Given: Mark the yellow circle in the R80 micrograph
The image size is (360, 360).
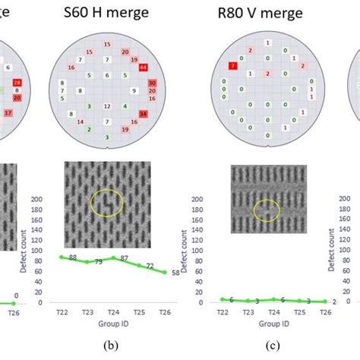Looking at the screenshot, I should (x=265, y=208).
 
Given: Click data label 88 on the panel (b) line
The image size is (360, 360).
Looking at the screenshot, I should (x=73, y=257).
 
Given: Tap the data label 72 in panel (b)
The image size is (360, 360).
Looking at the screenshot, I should (x=149, y=266).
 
